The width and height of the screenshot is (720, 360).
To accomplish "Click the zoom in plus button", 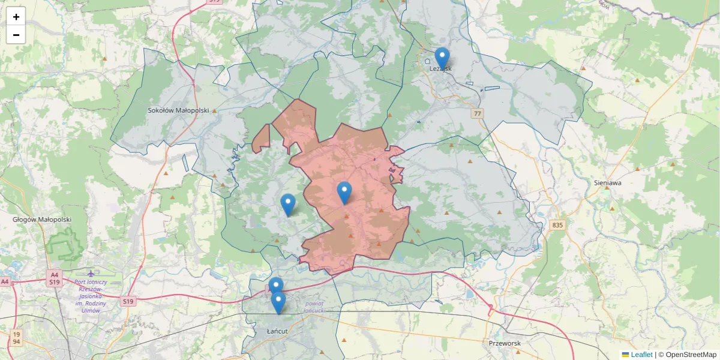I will pyautogui.click(x=16, y=17).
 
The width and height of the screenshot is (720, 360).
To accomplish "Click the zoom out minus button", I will pyautogui.click(x=16, y=35).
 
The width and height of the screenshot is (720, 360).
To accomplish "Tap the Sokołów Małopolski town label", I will pyautogui.click(x=178, y=110).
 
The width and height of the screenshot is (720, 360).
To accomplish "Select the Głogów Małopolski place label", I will pyautogui.click(x=42, y=220).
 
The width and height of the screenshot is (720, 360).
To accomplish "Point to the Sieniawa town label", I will pyautogui.click(x=607, y=182).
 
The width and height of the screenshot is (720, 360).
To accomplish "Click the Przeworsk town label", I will pyautogui.click(x=503, y=343).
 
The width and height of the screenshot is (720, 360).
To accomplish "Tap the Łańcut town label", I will pyautogui.click(x=279, y=331).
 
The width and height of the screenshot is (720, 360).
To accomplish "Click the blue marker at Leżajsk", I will pyautogui.click(x=442, y=59).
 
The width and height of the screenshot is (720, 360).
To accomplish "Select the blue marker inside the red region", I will pyautogui.click(x=344, y=193).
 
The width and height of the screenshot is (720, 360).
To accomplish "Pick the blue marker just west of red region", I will pyautogui.click(x=288, y=205).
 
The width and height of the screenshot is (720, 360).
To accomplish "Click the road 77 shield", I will pyautogui.click(x=478, y=113).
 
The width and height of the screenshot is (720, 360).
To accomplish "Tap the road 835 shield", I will pyautogui.click(x=558, y=225).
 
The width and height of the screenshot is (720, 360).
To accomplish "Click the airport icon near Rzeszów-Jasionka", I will pyautogui.click(x=91, y=274).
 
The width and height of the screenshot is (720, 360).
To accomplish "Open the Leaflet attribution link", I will pyautogui.click(x=641, y=355).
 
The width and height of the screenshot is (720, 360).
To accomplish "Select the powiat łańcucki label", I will pyautogui.click(x=314, y=307).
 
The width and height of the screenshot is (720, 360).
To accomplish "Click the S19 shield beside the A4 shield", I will pyautogui.click(x=54, y=282).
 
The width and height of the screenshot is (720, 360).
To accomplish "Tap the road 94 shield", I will pyautogui.click(x=17, y=341).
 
